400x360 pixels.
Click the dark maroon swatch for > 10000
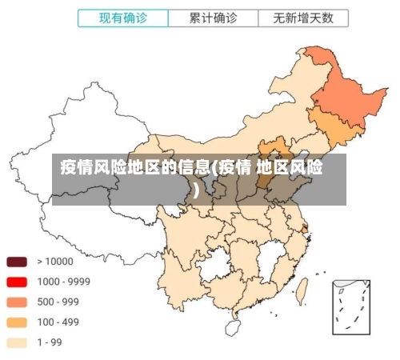18,262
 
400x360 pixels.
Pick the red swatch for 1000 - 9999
18,282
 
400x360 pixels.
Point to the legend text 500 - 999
58,302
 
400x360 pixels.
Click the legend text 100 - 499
58,322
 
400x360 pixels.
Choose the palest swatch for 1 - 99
18,342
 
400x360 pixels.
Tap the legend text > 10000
55,262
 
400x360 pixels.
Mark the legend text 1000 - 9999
63,282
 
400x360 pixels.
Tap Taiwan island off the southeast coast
302,290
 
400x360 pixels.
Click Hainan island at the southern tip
233,327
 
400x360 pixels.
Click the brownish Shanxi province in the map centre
262,180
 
